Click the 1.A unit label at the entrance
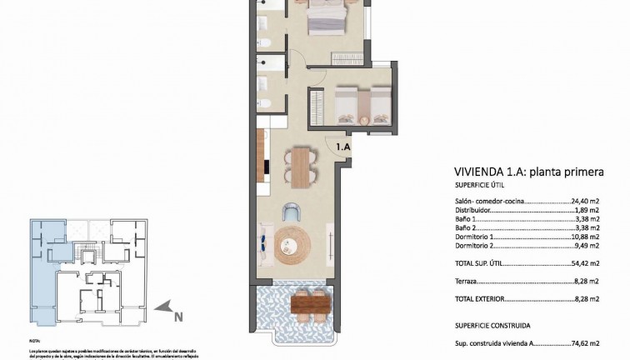(342, 147)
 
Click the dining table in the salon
(300, 164)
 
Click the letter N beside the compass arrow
(177, 317)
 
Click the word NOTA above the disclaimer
(34, 341)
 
